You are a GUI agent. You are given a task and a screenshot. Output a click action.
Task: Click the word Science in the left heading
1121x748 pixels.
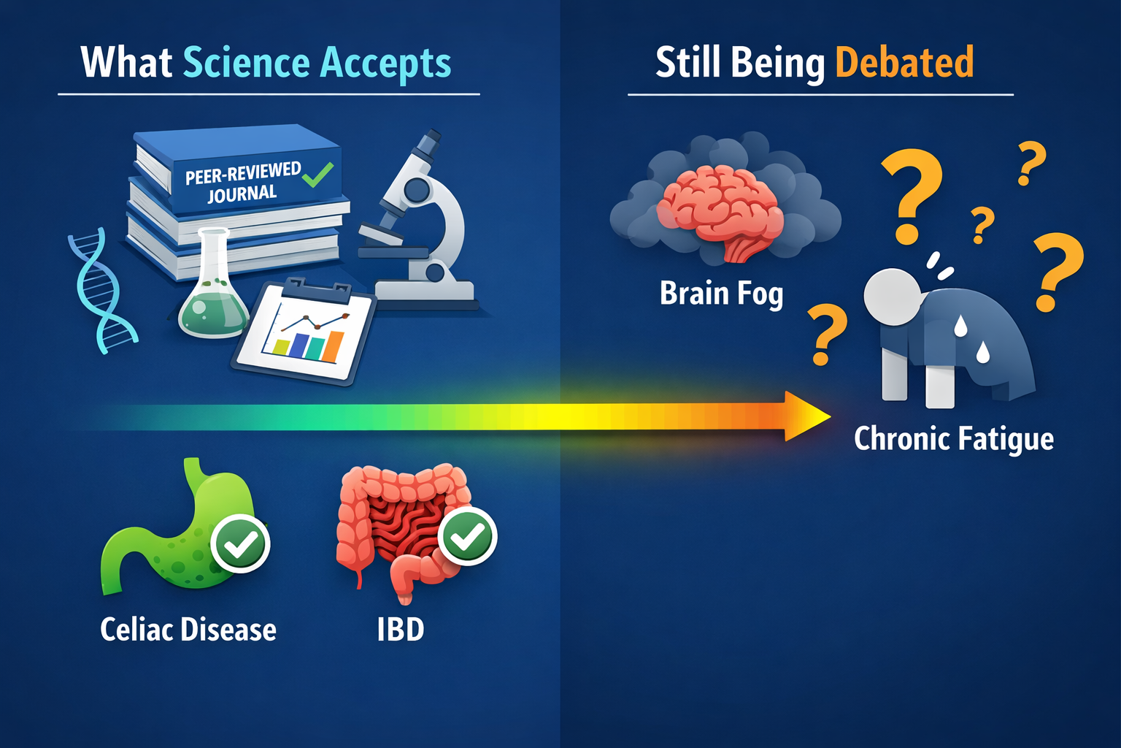(247, 63)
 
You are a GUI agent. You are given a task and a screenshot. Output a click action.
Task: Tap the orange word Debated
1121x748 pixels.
(904, 63)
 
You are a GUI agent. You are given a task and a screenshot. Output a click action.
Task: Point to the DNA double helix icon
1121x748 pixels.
(102, 292)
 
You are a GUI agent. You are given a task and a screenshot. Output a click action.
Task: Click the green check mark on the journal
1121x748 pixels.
(318, 175)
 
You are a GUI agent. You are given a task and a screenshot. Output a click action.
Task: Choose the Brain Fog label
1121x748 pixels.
(721, 294)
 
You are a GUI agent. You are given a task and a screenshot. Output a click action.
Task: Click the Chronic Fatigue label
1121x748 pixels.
(953, 439)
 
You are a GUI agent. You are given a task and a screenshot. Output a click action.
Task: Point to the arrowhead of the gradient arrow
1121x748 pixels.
(806, 416)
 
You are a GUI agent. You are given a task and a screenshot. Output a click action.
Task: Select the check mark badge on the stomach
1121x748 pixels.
(240, 543)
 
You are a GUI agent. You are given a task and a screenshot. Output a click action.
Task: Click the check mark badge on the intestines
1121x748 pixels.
(467, 536)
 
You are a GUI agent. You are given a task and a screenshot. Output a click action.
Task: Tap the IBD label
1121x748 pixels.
(400, 630)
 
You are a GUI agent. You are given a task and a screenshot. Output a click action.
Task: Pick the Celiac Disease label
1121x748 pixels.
(188, 630)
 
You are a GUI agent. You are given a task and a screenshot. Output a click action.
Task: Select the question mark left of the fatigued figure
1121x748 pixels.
(826, 335)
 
